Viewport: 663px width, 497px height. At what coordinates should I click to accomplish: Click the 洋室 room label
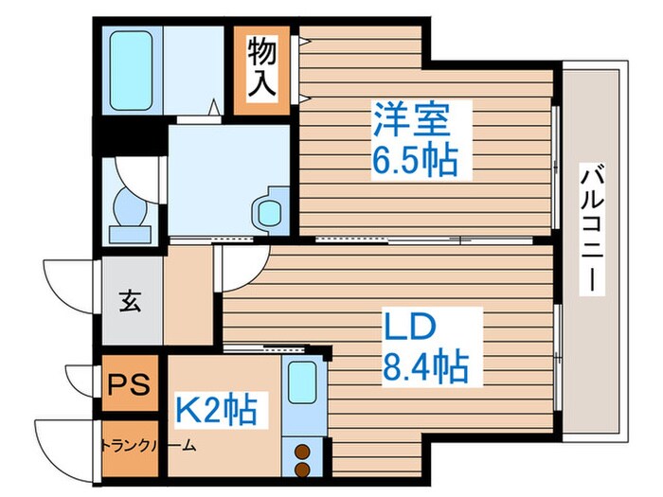coord(408,123)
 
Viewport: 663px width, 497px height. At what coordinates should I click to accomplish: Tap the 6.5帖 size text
coord(414,162)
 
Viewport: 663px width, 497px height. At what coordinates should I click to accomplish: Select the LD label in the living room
coord(408,326)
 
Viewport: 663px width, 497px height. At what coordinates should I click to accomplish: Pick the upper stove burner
coord(304,451)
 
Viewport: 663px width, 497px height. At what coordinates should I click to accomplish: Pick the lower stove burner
coord(304,469)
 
